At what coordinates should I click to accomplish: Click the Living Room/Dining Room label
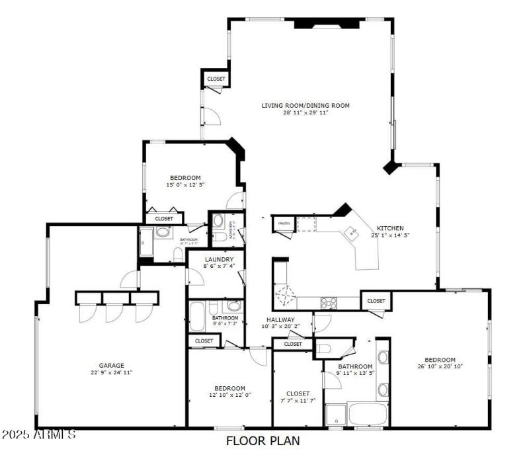[305, 105]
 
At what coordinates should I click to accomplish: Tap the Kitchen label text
[390, 227]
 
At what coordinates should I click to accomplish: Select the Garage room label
[112, 365]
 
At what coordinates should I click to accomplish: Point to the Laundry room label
[219, 259]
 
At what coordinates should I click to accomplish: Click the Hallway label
[280, 319]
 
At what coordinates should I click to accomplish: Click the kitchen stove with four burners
[329, 302]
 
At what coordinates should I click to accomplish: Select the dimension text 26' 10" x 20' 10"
[440, 366]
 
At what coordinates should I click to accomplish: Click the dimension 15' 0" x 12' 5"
[185, 185]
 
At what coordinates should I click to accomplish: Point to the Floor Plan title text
[263, 440]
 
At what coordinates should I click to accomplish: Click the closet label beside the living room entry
[216, 79]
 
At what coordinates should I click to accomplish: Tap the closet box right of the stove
[376, 301]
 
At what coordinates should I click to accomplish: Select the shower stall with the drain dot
[336, 415]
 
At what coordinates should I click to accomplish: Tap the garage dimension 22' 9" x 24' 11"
[112, 373]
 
